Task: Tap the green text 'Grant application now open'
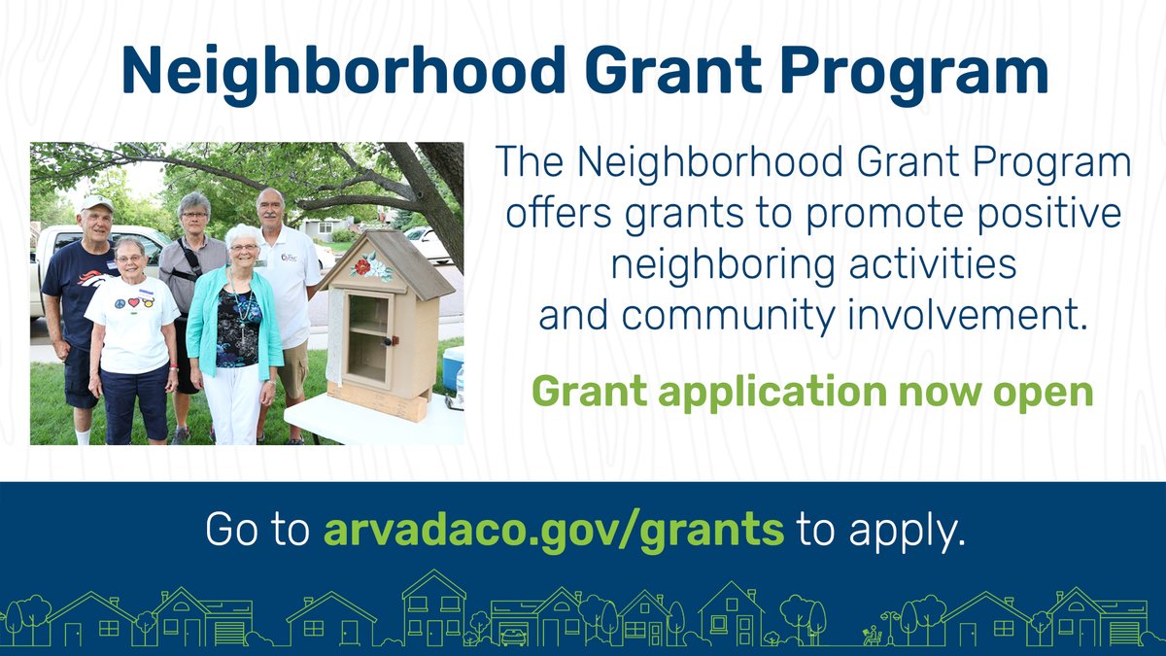(812, 392)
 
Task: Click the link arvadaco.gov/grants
(553, 531)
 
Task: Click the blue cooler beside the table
(452, 368)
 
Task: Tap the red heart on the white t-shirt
(134, 302)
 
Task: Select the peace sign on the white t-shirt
(120, 302)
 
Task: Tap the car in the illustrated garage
(513, 636)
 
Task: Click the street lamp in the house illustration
(887, 627)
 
